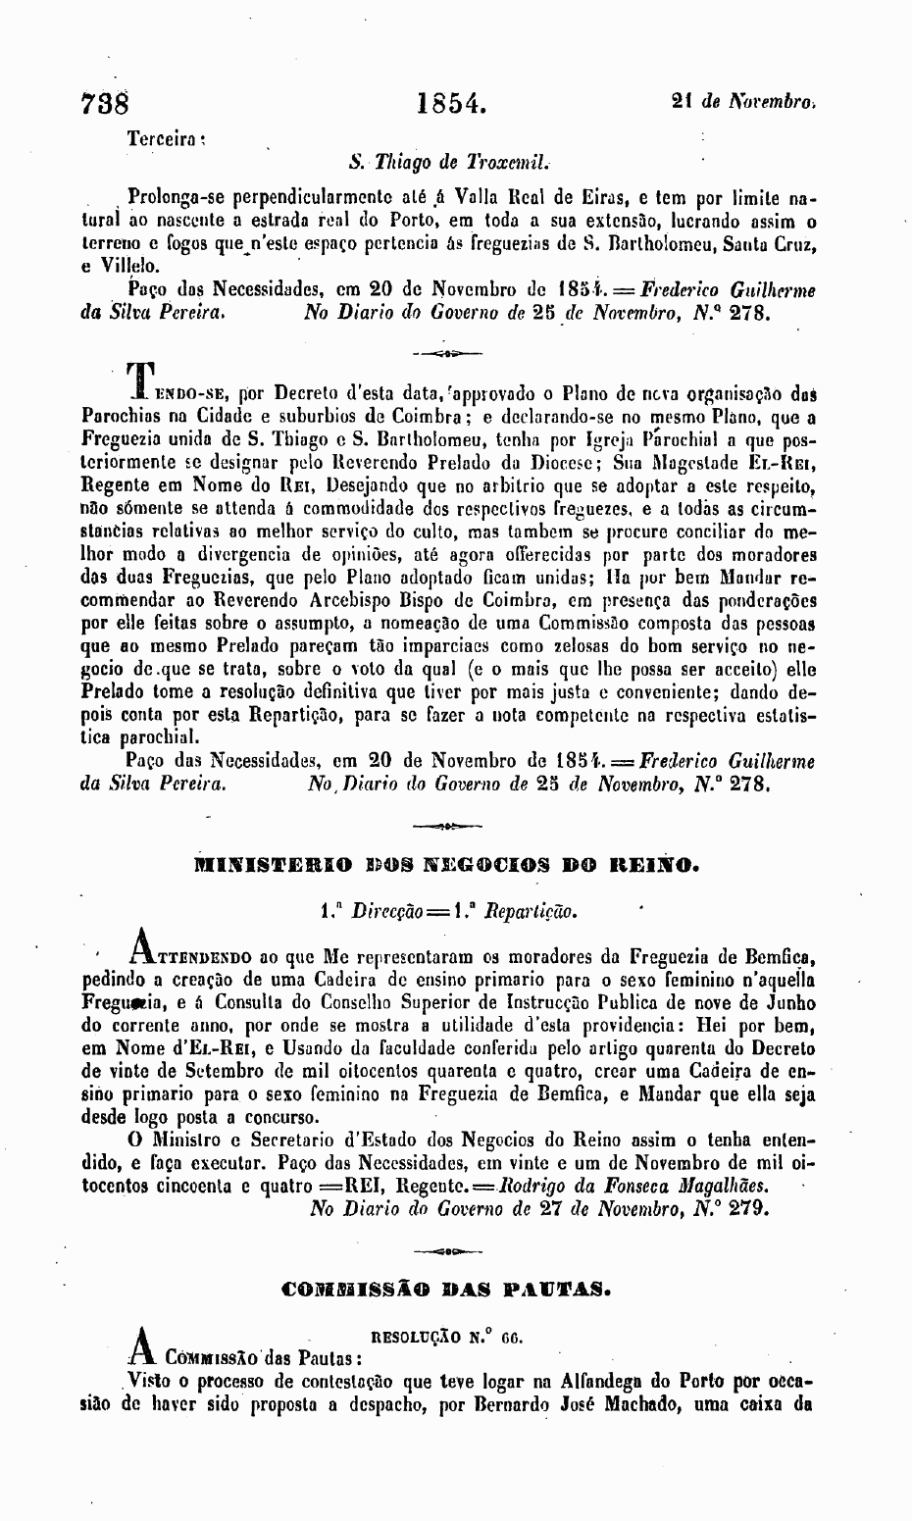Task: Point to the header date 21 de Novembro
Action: (744, 100)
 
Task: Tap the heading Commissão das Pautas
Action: (447, 1285)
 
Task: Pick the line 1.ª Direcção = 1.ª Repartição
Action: (446, 911)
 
